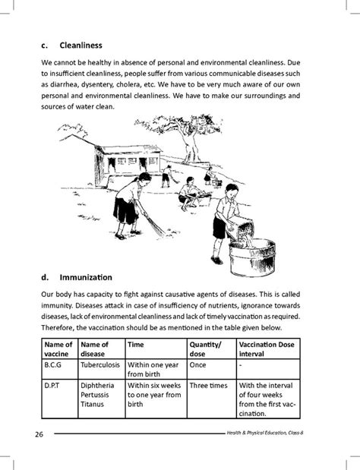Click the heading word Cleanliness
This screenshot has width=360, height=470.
click(81, 46)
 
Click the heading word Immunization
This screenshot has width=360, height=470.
click(86, 278)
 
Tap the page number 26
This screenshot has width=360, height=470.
click(39, 434)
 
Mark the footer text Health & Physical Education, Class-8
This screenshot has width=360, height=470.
click(265, 433)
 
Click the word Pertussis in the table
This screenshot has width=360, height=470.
click(94, 395)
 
